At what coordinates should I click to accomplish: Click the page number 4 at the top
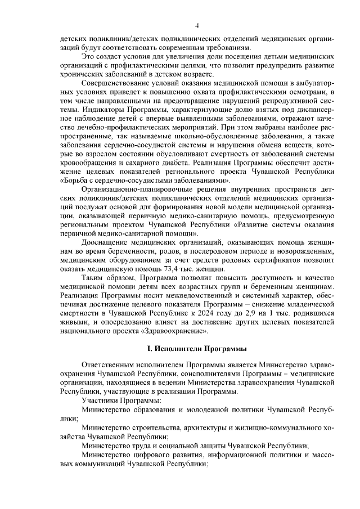click(x=196, y=25)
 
